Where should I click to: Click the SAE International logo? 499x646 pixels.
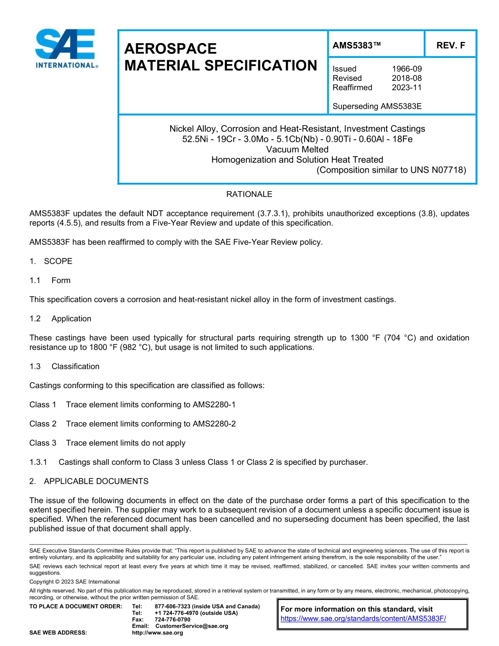coord(66,49)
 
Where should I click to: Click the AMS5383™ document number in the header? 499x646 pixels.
coord(357,46)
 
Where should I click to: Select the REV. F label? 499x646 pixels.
coord(450,46)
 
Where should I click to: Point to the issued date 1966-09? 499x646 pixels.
coord(407,69)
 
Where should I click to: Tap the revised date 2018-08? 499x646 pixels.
coord(407,78)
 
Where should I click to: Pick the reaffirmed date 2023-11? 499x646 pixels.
coord(407,88)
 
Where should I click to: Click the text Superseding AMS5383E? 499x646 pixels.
coord(377,107)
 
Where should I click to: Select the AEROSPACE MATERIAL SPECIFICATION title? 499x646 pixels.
coord(221,57)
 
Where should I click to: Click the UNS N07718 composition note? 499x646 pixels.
coord(391,170)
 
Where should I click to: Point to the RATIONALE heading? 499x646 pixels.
coord(249,194)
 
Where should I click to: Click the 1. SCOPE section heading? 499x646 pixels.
coord(51,261)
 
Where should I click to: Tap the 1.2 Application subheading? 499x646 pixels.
coord(60,319)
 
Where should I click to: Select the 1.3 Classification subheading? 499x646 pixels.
coord(65,367)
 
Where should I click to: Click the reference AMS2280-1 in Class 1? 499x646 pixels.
coord(214,405)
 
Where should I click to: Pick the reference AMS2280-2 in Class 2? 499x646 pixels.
coord(214,424)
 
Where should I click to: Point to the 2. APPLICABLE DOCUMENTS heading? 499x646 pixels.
coord(89,482)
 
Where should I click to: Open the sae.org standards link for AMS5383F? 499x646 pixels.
coord(363,619)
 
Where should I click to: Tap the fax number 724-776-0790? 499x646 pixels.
coord(172,620)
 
